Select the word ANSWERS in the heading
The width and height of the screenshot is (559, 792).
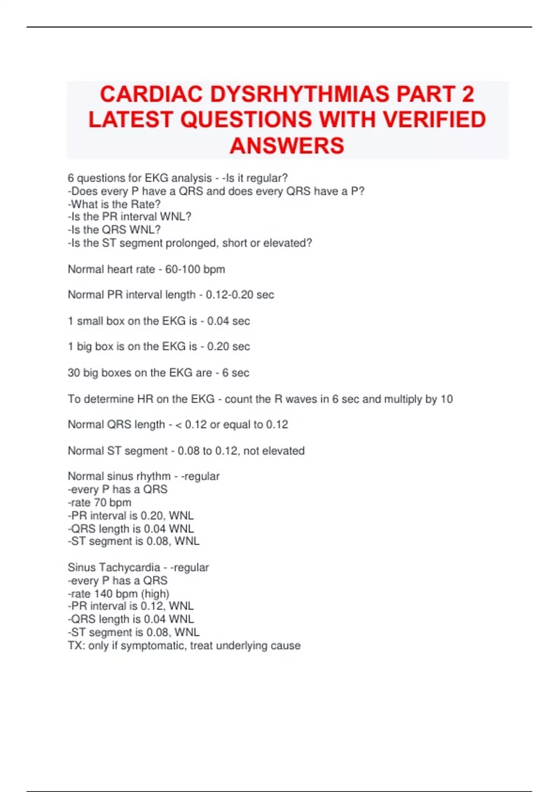[287, 146]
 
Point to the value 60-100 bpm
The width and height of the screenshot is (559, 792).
[195, 269]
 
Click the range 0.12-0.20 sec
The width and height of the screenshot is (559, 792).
[240, 295]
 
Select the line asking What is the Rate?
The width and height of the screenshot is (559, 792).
[114, 204]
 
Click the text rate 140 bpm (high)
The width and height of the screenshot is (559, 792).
[120, 594]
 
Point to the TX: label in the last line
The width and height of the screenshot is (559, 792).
[76, 646]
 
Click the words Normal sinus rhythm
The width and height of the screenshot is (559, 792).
[119, 476]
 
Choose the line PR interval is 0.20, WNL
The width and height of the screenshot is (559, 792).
[132, 516]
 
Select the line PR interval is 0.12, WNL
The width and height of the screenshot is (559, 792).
[132, 606]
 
